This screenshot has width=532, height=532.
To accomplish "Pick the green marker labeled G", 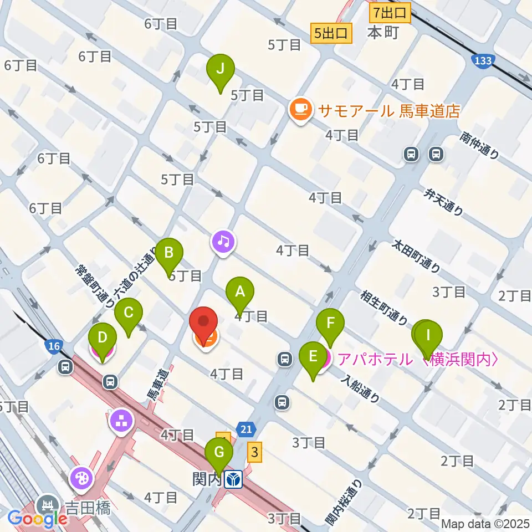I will [x=219, y=453].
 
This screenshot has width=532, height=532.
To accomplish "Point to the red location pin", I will [x=203, y=323].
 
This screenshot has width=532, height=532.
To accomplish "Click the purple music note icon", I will [x=223, y=241].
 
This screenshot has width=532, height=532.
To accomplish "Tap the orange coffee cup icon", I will [x=300, y=109].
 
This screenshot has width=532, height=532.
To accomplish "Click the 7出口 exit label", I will [x=390, y=12].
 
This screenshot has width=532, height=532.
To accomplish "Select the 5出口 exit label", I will [x=332, y=33].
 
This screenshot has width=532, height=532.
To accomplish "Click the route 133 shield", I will [x=482, y=60].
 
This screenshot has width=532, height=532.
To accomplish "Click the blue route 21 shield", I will [x=246, y=428].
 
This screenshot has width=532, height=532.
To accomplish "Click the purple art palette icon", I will [x=81, y=477].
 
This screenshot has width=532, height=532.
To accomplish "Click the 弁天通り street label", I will [x=443, y=202].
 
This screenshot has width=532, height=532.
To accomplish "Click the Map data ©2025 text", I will [x=485, y=524].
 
